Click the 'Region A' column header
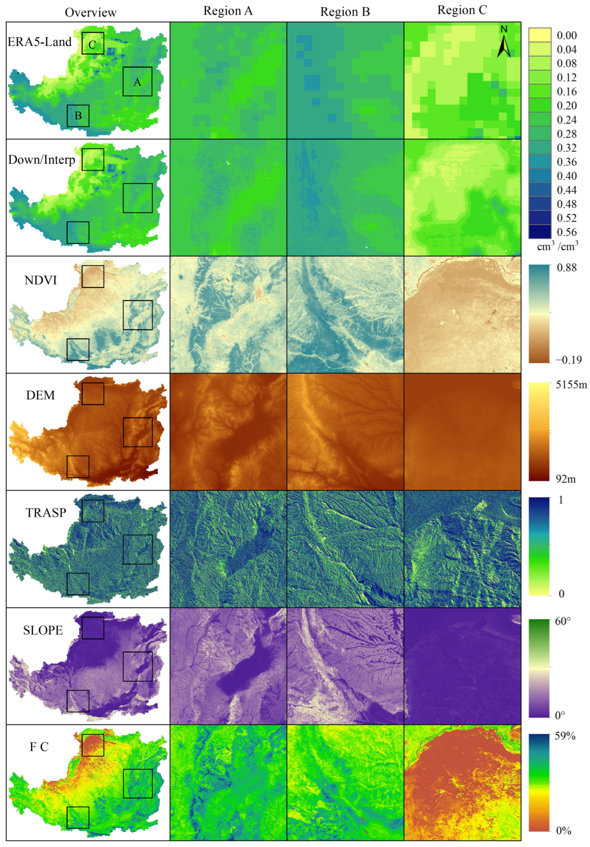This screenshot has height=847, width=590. point(228,11)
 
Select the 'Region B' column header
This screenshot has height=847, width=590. point(345,12)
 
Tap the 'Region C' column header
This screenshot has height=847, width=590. point(462,10)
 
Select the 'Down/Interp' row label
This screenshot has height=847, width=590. point(41,160)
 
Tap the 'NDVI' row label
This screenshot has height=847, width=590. point(41,280)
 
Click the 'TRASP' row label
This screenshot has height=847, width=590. point(46,513)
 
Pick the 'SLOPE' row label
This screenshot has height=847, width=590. point(43,630)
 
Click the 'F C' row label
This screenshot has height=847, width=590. point(39,747)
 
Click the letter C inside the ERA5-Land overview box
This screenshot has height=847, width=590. point(92,45)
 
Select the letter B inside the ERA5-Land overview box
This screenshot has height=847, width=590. point(78,116)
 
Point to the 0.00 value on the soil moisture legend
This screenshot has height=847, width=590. point(566,35)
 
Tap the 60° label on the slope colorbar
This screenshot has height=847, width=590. point(563,622)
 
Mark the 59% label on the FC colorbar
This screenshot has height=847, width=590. point(565,736)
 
